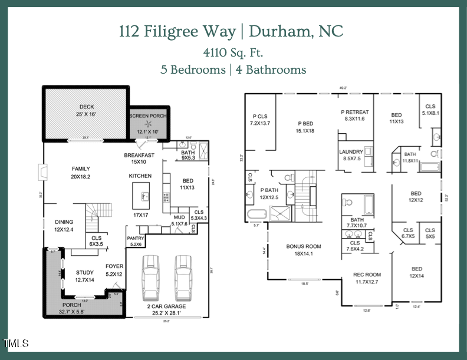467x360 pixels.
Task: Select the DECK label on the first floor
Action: pyautogui.click(x=87, y=107)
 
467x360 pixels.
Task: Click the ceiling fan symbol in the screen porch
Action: pyautogui.click(x=148, y=123)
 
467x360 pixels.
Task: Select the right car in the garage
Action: pyautogui.click(x=184, y=278)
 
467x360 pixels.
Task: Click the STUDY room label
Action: pyautogui.click(x=85, y=272)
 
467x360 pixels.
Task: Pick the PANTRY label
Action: pyautogui.click(x=136, y=238)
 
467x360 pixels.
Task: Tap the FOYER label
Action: pyautogui.click(x=114, y=266)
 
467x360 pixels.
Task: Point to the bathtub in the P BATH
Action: pyautogui.click(x=256, y=213)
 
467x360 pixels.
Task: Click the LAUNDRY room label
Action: pyautogui.click(x=351, y=151)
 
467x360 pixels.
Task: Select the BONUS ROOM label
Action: pyautogui.click(x=304, y=247)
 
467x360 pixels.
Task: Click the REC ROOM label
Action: pyautogui.click(x=367, y=275)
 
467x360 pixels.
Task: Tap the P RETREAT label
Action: pyautogui.click(x=355, y=112)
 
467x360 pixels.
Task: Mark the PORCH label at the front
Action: pyautogui.click(x=76, y=305)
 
